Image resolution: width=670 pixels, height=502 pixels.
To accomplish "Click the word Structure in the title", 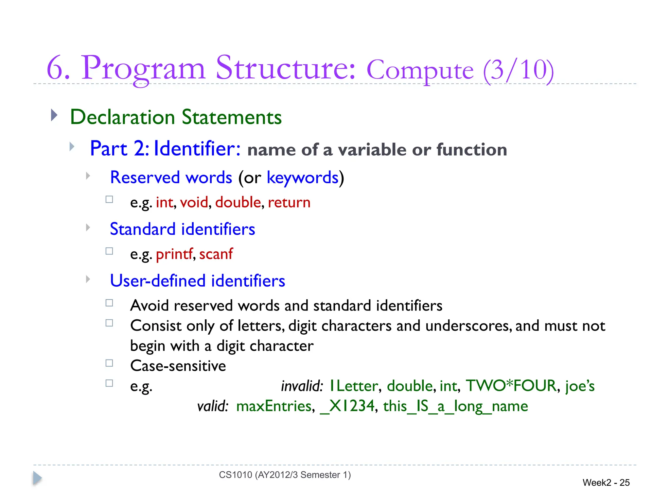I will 285,68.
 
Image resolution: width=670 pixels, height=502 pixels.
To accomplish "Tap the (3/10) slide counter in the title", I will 519,70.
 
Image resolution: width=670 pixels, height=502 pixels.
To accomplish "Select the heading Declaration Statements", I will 176,117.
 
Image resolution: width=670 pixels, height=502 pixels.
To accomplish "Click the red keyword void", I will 194,202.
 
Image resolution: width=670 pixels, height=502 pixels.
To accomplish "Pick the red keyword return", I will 289,202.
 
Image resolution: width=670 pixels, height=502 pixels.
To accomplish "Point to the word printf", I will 174,254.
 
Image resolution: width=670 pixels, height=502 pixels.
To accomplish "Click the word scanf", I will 216,254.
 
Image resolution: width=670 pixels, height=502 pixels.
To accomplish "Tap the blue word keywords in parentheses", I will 303,177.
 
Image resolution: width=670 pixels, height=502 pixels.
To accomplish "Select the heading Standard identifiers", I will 182,229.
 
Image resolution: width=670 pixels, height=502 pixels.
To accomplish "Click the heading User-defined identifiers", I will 197,281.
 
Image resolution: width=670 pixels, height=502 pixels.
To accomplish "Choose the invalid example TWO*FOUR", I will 511,386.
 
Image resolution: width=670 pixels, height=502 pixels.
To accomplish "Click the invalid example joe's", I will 580,386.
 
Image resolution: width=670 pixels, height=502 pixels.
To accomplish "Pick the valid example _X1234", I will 347,406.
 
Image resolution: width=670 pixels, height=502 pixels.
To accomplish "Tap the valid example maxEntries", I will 274,406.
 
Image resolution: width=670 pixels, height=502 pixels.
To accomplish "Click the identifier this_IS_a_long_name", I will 455,406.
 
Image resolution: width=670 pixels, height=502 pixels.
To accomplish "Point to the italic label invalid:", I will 302,386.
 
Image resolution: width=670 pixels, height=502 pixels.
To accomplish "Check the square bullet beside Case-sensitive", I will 109,363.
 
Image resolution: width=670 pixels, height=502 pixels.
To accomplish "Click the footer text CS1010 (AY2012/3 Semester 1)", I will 285,475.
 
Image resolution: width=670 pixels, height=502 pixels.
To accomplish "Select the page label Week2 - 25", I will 606,483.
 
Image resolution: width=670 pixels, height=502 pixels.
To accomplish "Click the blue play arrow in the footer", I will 37,478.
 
